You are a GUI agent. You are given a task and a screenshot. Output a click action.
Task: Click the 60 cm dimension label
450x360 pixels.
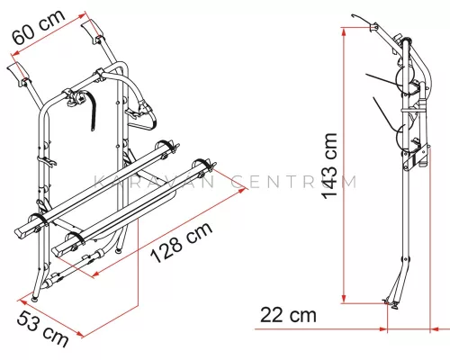(x=38, y=27)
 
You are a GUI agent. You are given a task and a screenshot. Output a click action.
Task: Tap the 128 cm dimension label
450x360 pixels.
(x=182, y=243)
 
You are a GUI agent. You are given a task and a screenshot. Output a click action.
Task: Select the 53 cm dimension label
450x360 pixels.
(x=42, y=328)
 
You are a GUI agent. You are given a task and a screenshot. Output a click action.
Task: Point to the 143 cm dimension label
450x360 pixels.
(x=329, y=166)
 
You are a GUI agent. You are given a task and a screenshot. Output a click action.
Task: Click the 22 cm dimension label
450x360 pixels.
(x=288, y=315)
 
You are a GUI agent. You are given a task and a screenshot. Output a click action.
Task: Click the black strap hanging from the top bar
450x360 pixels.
(x=91, y=112)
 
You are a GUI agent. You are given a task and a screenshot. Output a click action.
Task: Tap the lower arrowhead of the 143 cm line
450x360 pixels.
(x=345, y=298)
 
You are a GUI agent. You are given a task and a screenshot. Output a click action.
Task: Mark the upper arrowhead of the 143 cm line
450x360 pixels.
(x=345, y=32)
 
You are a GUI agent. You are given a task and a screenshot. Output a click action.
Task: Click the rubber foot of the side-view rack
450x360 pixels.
(x=394, y=305)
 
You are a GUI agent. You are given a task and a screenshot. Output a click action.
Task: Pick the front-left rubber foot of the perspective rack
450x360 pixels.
(x=35, y=298)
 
